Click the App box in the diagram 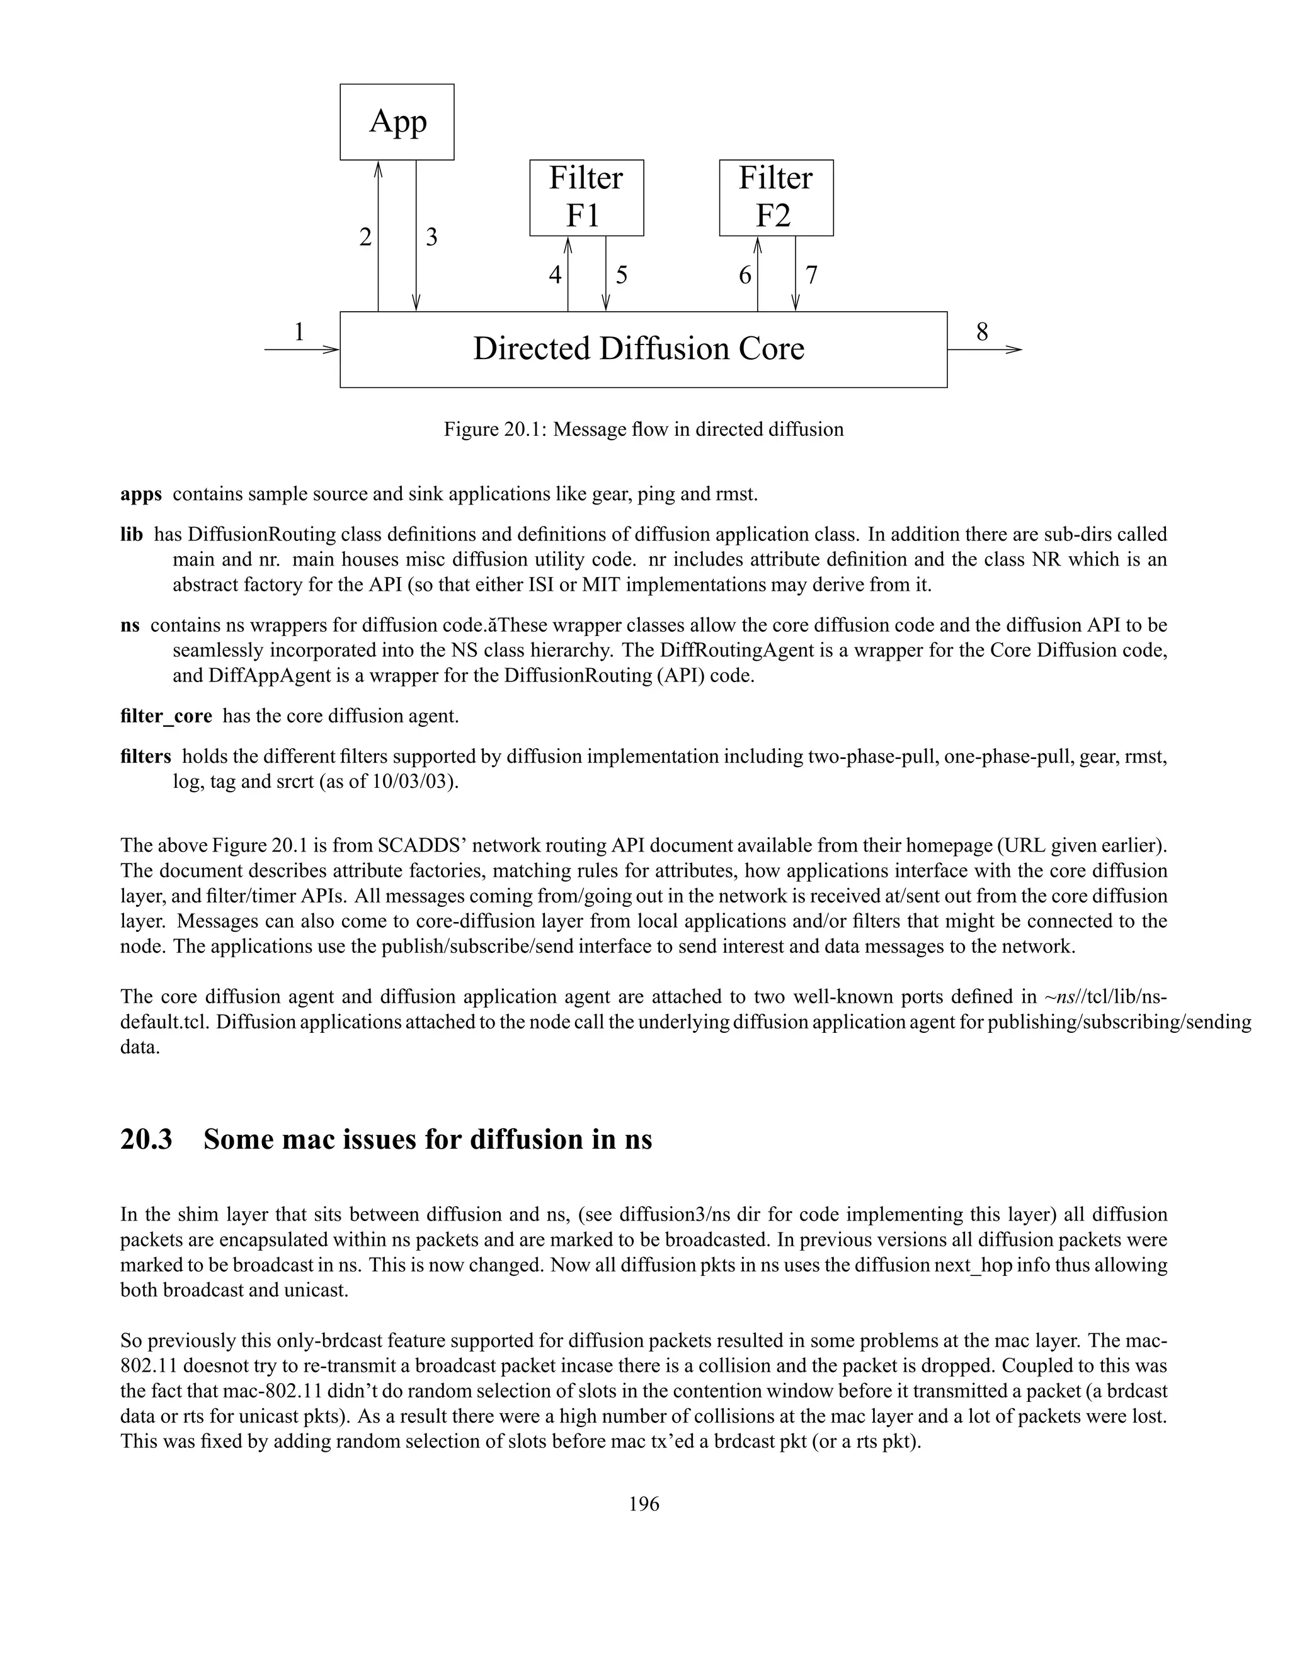[x=397, y=122]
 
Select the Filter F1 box [x=586, y=197]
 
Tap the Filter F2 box [x=775, y=197]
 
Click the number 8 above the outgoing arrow [x=982, y=332]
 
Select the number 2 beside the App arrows [x=365, y=237]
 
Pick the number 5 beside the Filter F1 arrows [x=621, y=275]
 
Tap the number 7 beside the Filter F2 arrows [x=811, y=275]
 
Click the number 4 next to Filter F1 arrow [x=555, y=275]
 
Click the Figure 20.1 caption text [x=644, y=430]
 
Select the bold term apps [x=140, y=494]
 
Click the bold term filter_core [x=166, y=716]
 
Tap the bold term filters [x=146, y=756]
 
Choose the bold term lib [x=132, y=535]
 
